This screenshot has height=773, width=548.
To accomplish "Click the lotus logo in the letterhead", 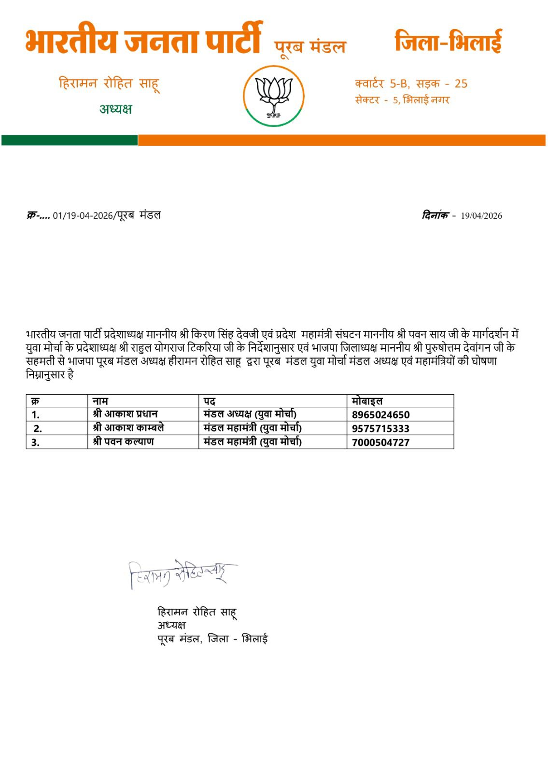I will [x=274, y=96].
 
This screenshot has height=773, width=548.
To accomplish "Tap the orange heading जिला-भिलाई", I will [x=448, y=41].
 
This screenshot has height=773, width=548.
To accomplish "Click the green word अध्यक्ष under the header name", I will [x=115, y=109].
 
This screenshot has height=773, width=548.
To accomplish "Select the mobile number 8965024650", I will [x=380, y=415].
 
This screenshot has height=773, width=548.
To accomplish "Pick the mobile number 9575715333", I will [x=380, y=428].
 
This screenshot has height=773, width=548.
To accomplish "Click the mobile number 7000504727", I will [x=380, y=442].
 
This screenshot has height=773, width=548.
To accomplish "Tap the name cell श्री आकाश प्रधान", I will [x=125, y=414].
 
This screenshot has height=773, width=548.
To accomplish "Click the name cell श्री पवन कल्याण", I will [x=123, y=442].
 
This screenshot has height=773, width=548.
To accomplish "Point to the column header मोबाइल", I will [x=367, y=401].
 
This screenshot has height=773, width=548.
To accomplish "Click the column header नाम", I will [x=100, y=401].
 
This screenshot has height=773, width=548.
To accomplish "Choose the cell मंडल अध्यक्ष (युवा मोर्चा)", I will [x=250, y=414].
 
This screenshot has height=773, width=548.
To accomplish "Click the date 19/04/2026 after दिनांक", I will [x=481, y=216].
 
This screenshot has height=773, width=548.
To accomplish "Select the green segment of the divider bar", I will [x=70, y=140].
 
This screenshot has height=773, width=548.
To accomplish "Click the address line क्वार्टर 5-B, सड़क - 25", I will [x=411, y=84].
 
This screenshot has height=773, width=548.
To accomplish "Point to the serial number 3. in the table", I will [x=35, y=442].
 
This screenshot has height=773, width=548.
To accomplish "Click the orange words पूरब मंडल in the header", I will [x=310, y=47].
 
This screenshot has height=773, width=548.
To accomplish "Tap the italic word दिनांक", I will [x=435, y=215].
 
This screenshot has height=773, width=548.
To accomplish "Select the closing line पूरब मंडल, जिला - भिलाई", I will [x=212, y=639].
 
